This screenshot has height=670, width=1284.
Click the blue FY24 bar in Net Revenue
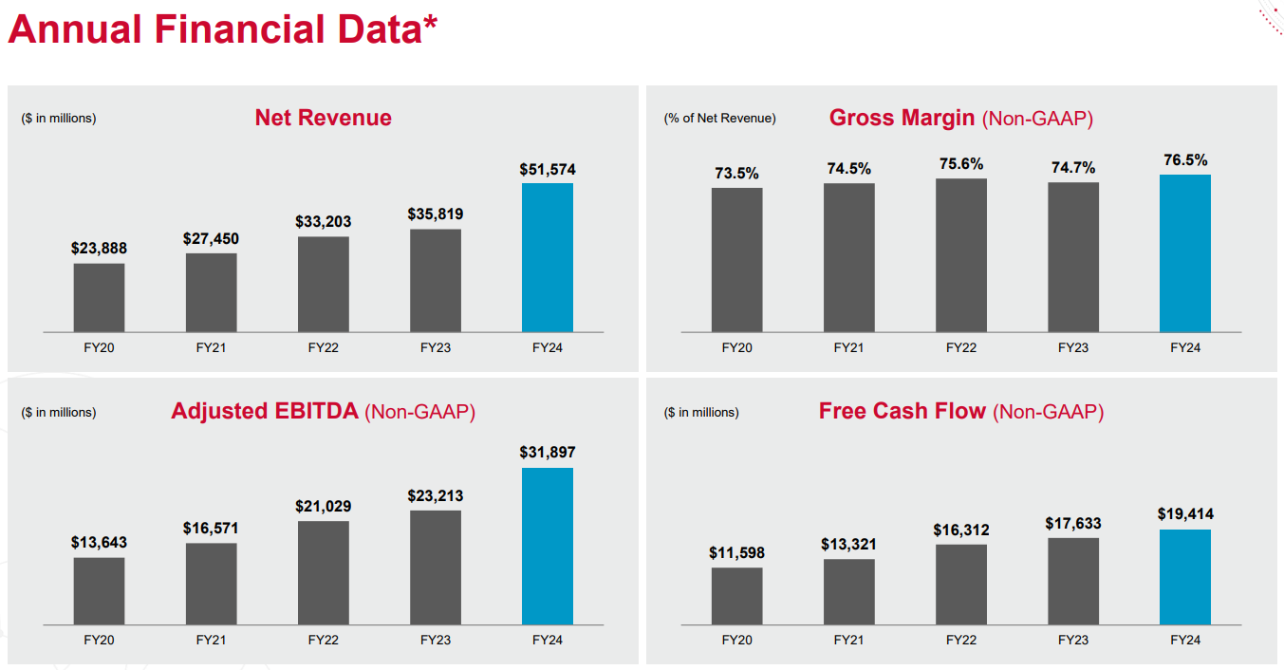pyautogui.click(x=548, y=257)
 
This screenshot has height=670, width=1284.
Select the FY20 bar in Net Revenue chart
pyautogui.click(x=99, y=297)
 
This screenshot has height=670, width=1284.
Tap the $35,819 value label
pyautogui.click(x=436, y=214)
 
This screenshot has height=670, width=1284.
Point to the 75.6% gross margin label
pyautogui.click(x=961, y=164)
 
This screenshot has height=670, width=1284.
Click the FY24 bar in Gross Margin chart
pyautogui.click(x=1185, y=253)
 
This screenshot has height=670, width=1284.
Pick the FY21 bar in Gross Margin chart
pyautogui.click(x=849, y=257)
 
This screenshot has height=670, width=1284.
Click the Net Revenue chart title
pyautogui.click(x=323, y=118)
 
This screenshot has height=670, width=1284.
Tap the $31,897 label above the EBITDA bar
pyautogui.click(x=548, y=453)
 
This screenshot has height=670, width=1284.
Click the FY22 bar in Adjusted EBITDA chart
pyautogui.click(x=324, y=572)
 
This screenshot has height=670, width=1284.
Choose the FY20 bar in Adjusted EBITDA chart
pyautogui.click(x=99, y=590)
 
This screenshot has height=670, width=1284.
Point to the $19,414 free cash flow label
pyautogui.click(x=1185, y=514)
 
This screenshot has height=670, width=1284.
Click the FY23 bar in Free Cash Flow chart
pyautogui.click(x=1073, y=581)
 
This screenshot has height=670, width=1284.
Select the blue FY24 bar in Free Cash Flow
pyautogui.click(x=1185, y=577)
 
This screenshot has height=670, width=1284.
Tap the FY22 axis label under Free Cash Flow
pyautogui.click(x=961, y=641)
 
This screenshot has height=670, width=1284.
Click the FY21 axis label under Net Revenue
pyautogui.click(x=212, y=348)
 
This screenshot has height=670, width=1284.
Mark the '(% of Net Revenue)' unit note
pyautogui.click(x=719, y=119)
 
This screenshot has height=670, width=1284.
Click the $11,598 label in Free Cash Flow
pyautogui.click(x=736, y=553)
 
